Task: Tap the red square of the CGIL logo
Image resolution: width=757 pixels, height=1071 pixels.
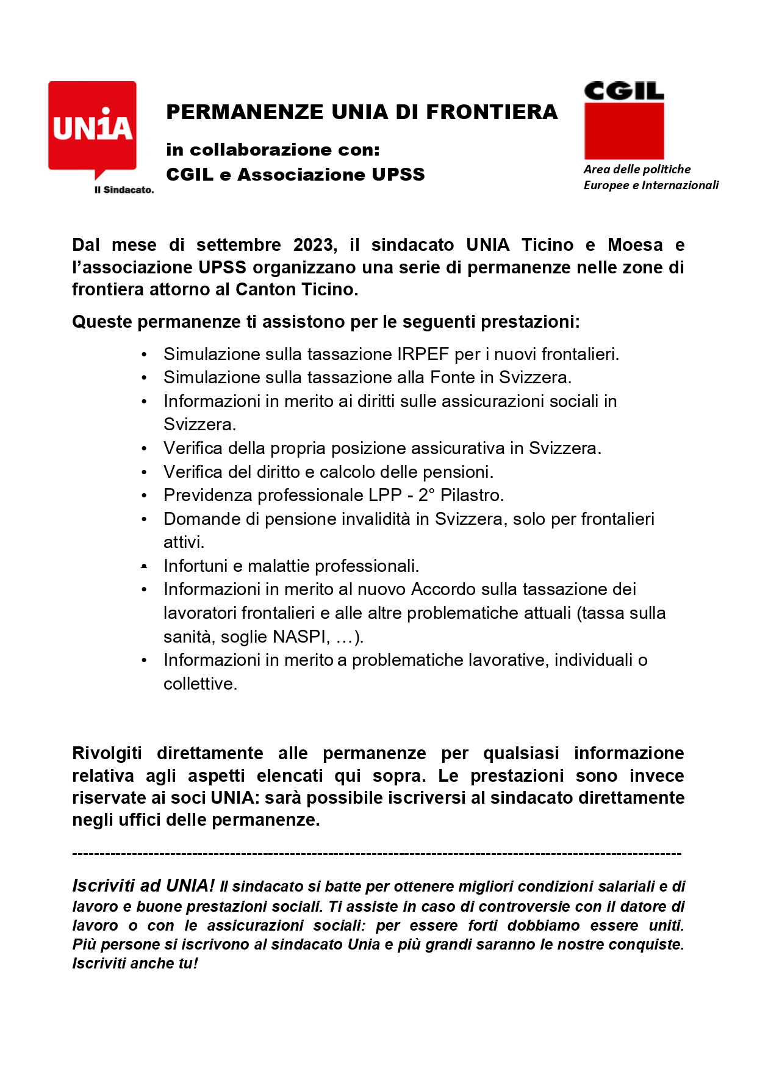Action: pos(623,131)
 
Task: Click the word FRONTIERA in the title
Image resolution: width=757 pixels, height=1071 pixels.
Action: pos(492,112)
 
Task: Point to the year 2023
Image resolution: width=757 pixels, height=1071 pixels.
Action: pos(313,245)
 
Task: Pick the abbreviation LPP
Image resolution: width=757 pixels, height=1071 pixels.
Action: pos(385,495)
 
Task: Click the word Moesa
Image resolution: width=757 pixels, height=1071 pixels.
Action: pos(635,245)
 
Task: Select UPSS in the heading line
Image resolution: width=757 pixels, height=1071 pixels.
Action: pos(398,175)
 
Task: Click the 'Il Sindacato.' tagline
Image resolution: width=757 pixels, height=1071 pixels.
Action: pos(124,190)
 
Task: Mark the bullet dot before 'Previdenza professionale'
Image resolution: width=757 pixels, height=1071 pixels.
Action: pos(144,496)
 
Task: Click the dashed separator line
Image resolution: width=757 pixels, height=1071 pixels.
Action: pos(376,854)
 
